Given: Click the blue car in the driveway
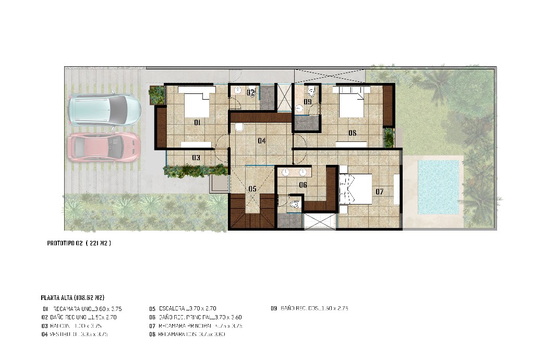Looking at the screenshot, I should (104, 110).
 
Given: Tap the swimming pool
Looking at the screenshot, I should (439, 187).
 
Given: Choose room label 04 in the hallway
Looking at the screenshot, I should (261, 141).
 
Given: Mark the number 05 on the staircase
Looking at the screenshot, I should (252, 189).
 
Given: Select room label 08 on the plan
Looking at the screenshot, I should (352, 134).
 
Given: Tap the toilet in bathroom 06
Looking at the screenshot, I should (295, 204).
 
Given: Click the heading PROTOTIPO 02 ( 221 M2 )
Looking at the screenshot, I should (79, 244).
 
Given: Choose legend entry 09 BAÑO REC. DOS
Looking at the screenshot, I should (309, 309).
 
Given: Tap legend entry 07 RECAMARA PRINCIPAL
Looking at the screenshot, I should (196, 326).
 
